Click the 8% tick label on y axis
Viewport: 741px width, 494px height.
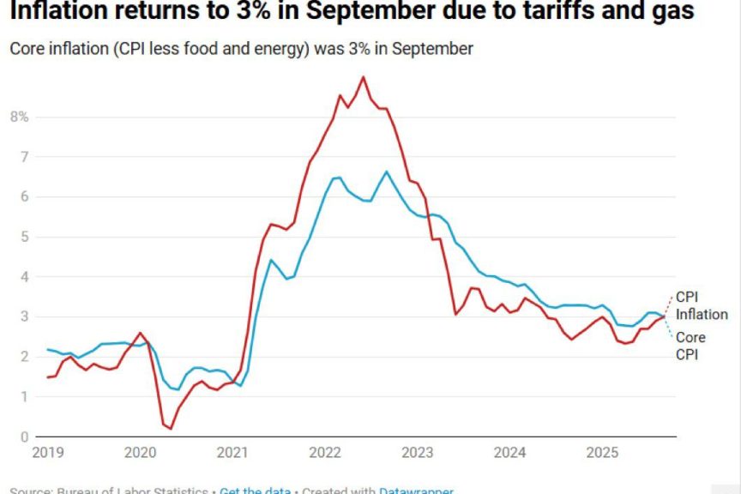click(x=19, y=117)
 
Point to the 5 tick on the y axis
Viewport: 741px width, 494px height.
click(x=24, y=237)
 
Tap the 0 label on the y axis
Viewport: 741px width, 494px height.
click(x=24, y=437)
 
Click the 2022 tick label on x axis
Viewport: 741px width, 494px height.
click(x=327, y=452)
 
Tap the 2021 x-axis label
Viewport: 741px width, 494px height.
click(x=233, y=452)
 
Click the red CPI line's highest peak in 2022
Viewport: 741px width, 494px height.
click(x=364, y=77)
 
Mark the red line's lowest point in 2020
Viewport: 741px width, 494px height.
click(x=171, y=428)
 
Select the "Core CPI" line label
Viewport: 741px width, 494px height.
click(x=690, y=346)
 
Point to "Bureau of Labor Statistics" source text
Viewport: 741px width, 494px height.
click(x=133, y=491)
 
